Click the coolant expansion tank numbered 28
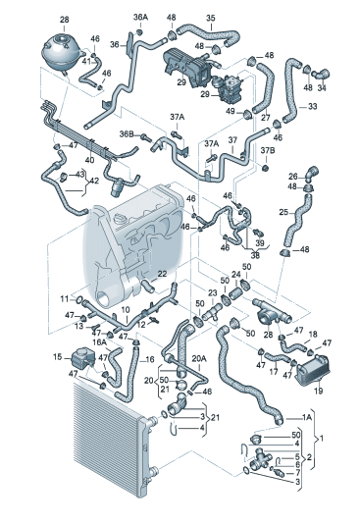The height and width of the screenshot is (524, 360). tap(62, 50)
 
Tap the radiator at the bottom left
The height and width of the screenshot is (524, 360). tap(113, 440)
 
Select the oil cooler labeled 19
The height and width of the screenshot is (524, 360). tap(312, 371)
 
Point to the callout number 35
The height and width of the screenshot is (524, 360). tap(211, 18)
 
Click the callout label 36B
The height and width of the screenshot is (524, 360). tap(127, 133)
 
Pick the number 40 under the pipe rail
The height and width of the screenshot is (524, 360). tap(89, 160)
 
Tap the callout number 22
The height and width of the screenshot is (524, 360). tap(162, 274)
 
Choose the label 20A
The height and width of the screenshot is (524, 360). tap(199, 358)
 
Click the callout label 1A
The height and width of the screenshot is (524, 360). tap(307, 417)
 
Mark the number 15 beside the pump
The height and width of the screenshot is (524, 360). tap(58, 357)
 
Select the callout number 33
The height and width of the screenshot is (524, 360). tap(312, 106)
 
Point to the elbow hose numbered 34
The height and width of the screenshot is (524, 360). tap(321, 74)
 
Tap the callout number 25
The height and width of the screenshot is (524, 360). tap(283, 212)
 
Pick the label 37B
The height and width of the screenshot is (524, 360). tap(268, 151)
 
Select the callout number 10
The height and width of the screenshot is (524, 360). tap(126, 310)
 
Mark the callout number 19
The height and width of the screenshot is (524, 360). tap(318, 391)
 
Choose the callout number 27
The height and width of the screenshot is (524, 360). tap(266, 118)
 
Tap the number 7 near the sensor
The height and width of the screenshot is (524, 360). tap(297, 473)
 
